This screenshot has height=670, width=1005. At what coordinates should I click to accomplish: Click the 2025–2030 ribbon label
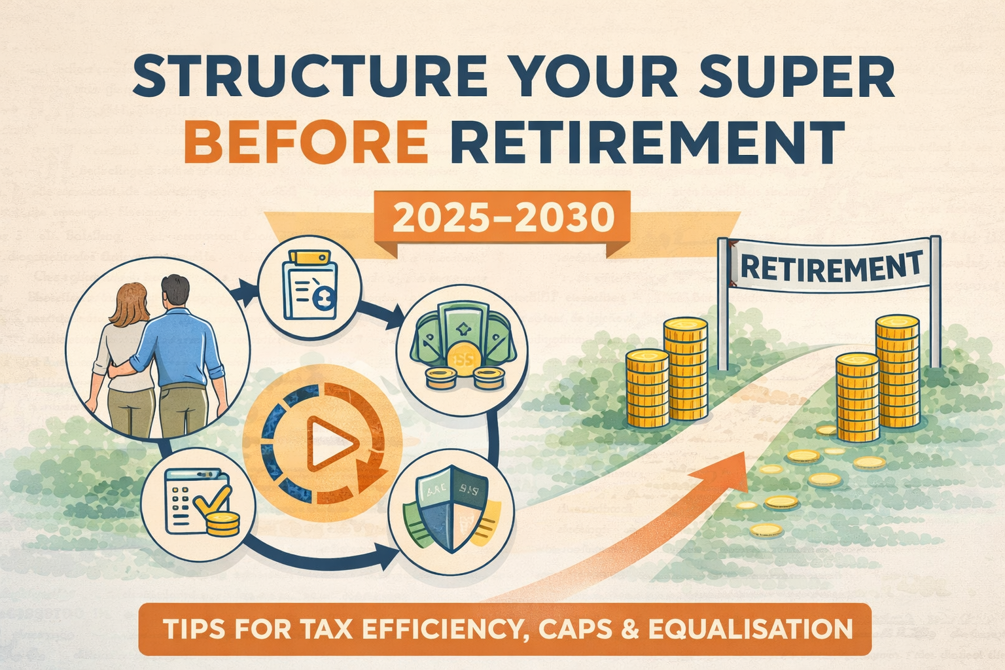coord(504,219)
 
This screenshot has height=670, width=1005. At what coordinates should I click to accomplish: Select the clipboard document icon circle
coord(309,283)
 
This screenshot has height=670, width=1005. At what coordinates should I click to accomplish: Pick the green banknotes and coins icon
coord(461,351)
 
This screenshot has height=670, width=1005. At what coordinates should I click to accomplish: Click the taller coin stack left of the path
coord(685,370)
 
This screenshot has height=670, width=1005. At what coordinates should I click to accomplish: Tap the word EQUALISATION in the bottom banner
coord(750,629)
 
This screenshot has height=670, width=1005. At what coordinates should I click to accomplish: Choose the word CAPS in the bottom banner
coord(577,629)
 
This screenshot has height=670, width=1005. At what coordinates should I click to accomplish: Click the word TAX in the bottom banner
coord(327,629)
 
